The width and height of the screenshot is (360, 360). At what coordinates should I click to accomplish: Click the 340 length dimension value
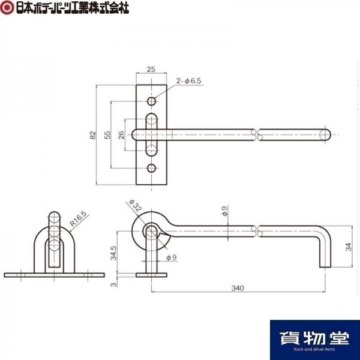(x=238, y=288)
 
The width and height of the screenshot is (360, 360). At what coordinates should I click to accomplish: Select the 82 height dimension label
(x=92, y=135)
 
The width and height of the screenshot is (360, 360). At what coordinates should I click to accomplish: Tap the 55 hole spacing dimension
(x=107, y=135)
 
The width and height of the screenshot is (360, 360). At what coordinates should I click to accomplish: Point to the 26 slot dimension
(x=121, y=135)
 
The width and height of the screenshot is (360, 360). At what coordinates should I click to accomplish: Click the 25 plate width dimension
(x=151, y=69)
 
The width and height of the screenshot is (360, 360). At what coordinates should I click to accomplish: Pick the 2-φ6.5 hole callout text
(x=189, y=81)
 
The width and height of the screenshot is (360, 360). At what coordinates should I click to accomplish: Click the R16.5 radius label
(x=79, y=219)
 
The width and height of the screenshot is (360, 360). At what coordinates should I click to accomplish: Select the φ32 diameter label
(x=135, y=205)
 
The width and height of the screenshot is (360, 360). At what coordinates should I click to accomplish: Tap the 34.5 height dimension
(x=113, y=253)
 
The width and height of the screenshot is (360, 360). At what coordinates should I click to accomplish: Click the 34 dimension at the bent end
(x=349, y=247)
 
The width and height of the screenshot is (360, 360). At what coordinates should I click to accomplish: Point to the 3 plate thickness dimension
(x=113, y=284)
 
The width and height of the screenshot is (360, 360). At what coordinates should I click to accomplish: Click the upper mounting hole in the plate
(x=151, y=101)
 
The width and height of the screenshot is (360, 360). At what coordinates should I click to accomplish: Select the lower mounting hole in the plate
(x=151, y=168)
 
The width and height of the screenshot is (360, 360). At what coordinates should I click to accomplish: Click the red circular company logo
(x=7, y=7)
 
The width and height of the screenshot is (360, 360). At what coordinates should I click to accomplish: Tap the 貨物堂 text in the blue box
(x=315, y=338)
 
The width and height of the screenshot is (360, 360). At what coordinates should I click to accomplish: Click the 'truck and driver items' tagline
(x=315, y=349)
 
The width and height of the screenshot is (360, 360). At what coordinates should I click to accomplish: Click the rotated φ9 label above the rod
(x=224, y=211)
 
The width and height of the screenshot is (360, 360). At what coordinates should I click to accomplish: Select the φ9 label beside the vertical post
(x=172, y=257)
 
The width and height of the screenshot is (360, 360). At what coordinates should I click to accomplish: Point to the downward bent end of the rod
(x=325, y=253)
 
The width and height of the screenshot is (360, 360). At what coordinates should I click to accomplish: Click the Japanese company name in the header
(x=73, y=8)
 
